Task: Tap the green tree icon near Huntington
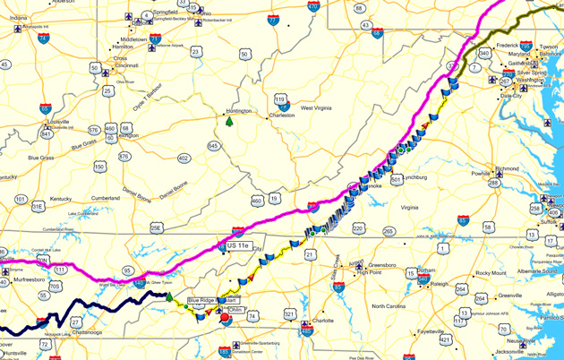tap(230, 120)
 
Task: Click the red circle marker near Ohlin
tap(224, 316)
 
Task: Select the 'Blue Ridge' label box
tap(202, 301)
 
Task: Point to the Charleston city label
tap(282, 115)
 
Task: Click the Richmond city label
tap(507, 168)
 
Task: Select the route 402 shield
tap(184, 159)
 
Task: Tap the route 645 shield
tap(213, 145)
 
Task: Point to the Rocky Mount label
tap(491, 273)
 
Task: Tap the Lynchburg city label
tap(416, 177)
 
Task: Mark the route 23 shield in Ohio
tap(195, 52)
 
